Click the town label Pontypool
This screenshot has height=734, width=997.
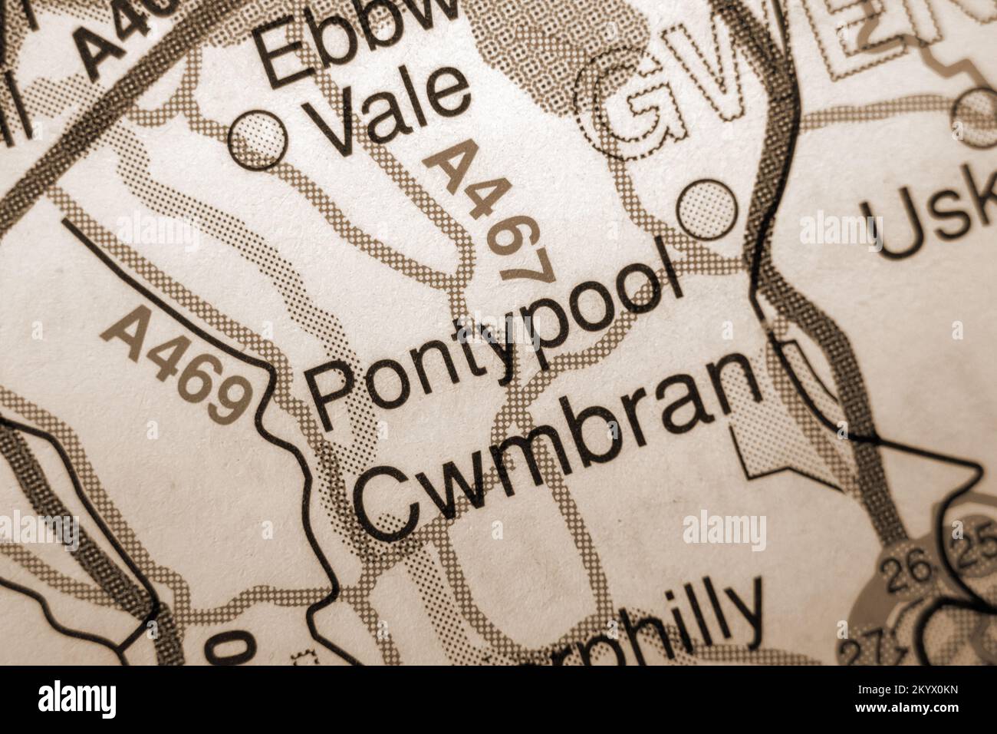pyautogui.click(x=491, y=338)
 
